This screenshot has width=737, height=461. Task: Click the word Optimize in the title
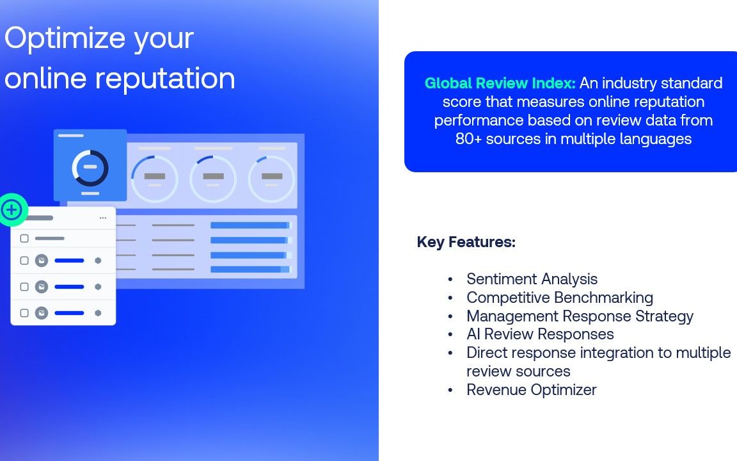pos(65,38)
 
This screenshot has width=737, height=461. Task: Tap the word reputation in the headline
pos(165,79)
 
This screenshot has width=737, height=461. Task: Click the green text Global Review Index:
pos(500,83)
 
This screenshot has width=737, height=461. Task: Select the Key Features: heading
pos(466,242)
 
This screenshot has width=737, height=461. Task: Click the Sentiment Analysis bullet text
pos(532,279)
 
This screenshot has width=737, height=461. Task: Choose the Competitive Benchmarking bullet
pos(560,298)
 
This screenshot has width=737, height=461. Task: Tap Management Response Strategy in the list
pos(580,316)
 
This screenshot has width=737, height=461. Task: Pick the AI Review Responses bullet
pos(540,334)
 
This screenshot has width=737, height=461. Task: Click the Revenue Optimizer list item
pos(532,389)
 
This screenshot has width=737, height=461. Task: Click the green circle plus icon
pos(12,210)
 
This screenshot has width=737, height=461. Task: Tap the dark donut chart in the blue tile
pos(90,168)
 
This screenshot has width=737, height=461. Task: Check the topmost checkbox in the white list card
pos(24,238)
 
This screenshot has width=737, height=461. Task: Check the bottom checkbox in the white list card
pos(24,313)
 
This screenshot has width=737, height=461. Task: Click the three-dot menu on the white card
pos(103,218)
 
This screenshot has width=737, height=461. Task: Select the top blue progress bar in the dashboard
pos(251,225)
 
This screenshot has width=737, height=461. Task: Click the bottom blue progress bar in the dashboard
pos(251,270)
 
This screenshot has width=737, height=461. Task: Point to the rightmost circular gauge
pos(272,179)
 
